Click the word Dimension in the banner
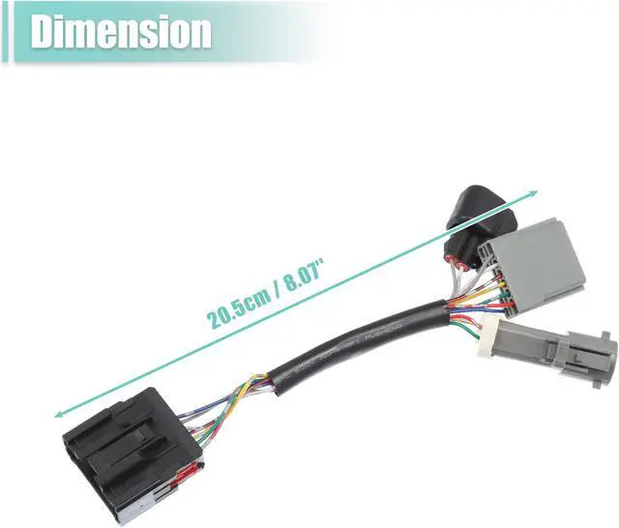point(121,32)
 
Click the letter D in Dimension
point(44,32)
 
